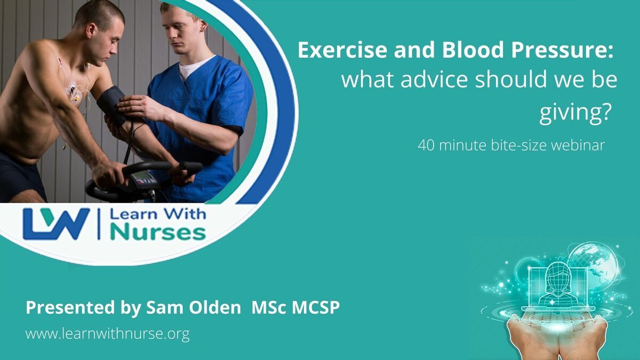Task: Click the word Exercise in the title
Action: [x=342, y=50]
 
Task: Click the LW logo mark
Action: [x=57, y=223]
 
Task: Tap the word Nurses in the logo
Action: [x=158, y=233]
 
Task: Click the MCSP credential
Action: [x=316, y=307]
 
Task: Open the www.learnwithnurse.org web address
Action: [x=107, y=334]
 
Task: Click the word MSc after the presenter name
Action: [x=268, y=307]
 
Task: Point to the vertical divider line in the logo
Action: [x=99, y=223]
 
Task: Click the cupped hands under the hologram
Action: [x=557, y=337]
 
